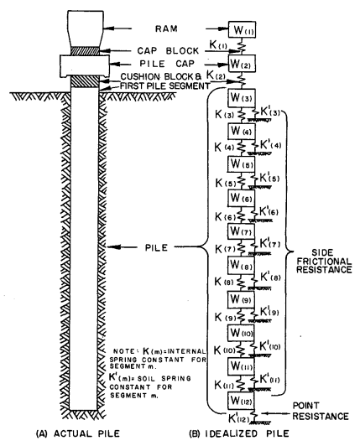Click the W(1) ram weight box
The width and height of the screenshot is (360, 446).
(242, 29)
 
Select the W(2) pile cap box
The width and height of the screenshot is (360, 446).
(242, 63)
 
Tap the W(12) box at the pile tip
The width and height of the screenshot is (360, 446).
(241, 401)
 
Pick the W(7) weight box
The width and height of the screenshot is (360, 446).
(241, 231)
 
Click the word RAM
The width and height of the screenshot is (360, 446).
(166, 29)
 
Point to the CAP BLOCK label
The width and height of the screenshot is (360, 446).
(168, 50)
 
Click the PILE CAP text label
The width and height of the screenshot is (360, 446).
(167, 64)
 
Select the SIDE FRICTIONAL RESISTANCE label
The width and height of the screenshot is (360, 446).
(324, 261)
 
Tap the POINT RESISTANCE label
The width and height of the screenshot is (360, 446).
(321, 411)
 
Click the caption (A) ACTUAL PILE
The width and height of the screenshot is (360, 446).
(78, 433)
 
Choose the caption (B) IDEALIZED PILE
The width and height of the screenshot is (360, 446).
(239, 433)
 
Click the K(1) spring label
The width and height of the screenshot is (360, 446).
(218, 44)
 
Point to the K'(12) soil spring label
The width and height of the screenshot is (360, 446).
(238, 418)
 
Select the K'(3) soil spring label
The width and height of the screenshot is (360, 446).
(270, 112)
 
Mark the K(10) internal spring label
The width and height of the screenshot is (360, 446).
(225, 350)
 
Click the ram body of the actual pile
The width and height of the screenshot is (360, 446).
(85, 29)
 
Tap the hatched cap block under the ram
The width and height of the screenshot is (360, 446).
(85, 51)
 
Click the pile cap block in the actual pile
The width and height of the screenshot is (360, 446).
(85, 66)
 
